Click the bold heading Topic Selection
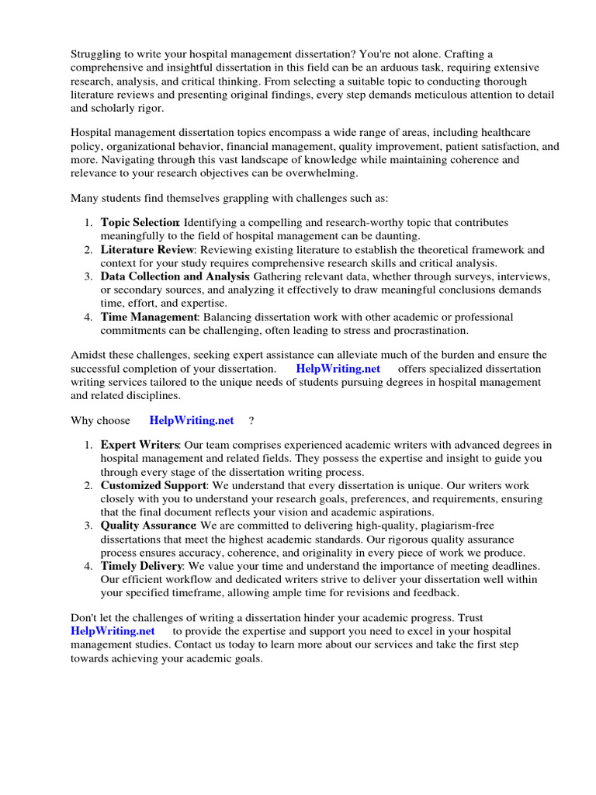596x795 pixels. pos(140,223)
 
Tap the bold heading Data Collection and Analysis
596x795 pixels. pos(175,276)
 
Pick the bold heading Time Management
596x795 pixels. pos(149,317)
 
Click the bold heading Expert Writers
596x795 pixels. pos(140,445)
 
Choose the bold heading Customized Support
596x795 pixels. pos(153,485)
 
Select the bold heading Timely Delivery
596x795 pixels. pos(142,566)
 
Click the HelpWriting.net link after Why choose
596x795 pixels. pos(192,421)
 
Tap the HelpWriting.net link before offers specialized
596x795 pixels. pos(338,368)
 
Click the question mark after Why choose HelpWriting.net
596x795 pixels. pos(251,421)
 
